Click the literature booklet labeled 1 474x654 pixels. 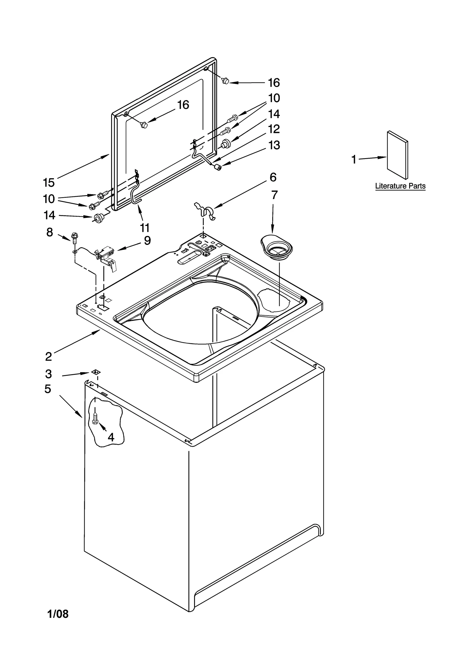(x=397, y=155)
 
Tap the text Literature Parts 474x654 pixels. (x=400, y=186)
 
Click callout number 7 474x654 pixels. (x=274, y=195)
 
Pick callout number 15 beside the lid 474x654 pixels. (x=49, y=183)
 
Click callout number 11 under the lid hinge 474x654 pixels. (x=145, y=228)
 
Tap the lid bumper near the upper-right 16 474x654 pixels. (x=225, y=80)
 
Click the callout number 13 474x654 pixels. (x=274, y=145)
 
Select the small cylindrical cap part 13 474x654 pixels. (x=219, y=168)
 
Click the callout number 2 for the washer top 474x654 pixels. (x=49, y=356)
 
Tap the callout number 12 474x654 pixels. (x=274, y=129)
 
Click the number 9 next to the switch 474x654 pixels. (x=147, y=240)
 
